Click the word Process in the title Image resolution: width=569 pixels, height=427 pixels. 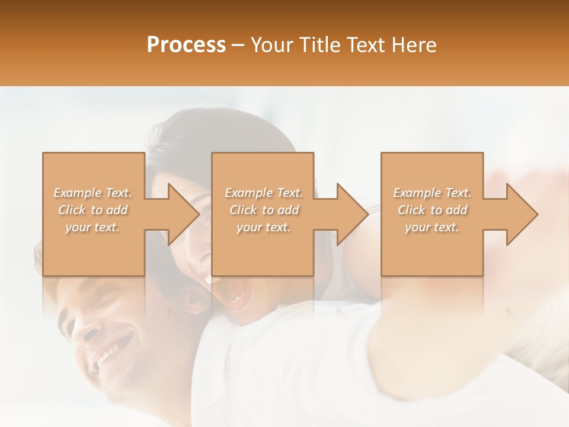coord(186,45)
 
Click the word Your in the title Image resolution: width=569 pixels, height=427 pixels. coord(273,45)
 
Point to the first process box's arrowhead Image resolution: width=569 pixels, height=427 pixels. coord(180,214)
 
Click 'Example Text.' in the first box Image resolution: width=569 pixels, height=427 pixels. coord(93,193)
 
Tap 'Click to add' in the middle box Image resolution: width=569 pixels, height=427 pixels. coord(264,210)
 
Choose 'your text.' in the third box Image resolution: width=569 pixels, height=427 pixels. coord(432,227)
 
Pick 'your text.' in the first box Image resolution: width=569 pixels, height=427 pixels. coord(93,227)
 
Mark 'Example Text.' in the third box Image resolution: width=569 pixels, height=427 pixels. coord(432,193)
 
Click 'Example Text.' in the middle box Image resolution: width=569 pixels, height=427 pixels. coord(264,193)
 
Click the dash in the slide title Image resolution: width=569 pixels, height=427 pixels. coord(238,45)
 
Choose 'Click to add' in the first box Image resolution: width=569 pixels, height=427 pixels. coord(93,210)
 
